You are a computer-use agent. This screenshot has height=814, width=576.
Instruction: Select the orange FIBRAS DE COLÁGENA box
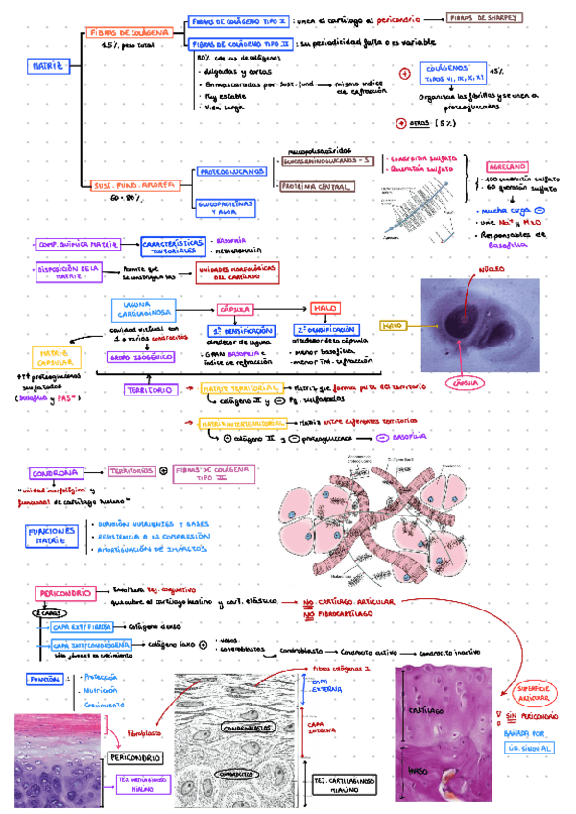coord(130,33)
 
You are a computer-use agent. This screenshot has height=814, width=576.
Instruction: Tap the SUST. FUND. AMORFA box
coord(130,184)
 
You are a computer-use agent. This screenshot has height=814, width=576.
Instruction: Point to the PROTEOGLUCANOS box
coord(232,171)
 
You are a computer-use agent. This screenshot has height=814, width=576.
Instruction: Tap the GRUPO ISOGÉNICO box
coord(132,356)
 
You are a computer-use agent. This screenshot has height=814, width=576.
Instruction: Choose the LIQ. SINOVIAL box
coord(527,746)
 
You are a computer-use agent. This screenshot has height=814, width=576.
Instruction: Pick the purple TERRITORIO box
coord(149,390)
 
